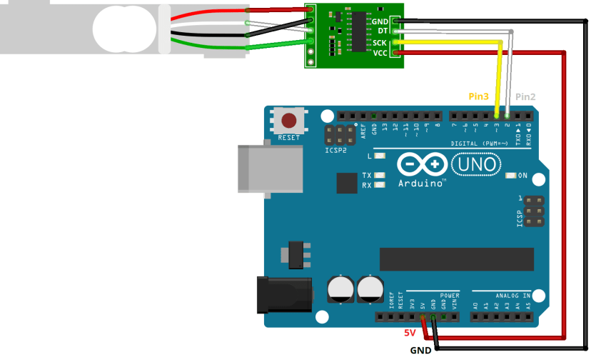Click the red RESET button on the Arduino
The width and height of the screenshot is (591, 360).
point(289,121)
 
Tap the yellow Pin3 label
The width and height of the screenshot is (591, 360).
point(479,96)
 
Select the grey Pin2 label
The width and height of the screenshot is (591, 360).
point(525,96)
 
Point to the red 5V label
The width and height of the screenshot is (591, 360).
point(410,333)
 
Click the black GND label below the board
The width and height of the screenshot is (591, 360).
point(420,350)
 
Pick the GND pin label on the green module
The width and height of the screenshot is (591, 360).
point(380,22)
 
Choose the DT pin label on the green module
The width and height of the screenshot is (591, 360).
point(383,32)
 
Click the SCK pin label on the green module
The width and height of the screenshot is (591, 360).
point(380,43)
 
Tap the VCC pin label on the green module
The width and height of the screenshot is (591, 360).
point(380,53)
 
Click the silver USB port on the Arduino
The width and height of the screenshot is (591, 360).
point(262,169)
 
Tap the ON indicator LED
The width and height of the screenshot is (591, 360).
point(510,176)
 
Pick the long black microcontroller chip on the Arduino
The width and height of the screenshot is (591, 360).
point(456,259)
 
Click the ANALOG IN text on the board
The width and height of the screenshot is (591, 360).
point(512,294)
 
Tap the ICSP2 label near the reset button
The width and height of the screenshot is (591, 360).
point(336,151)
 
